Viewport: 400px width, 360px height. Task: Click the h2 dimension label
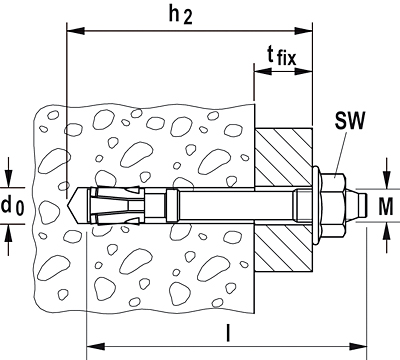tap(181, 15)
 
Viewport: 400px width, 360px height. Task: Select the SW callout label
tap(350, 120)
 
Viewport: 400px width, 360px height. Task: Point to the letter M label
tap(386, 207)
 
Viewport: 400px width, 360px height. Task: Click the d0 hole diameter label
tap(12, 206)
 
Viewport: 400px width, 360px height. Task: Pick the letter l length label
tap(228, 333)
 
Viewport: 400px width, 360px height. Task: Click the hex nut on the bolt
tap(334, 206)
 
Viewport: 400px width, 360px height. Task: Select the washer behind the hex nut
tap(317, 206)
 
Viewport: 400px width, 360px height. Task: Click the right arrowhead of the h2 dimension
tap(303, 31)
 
